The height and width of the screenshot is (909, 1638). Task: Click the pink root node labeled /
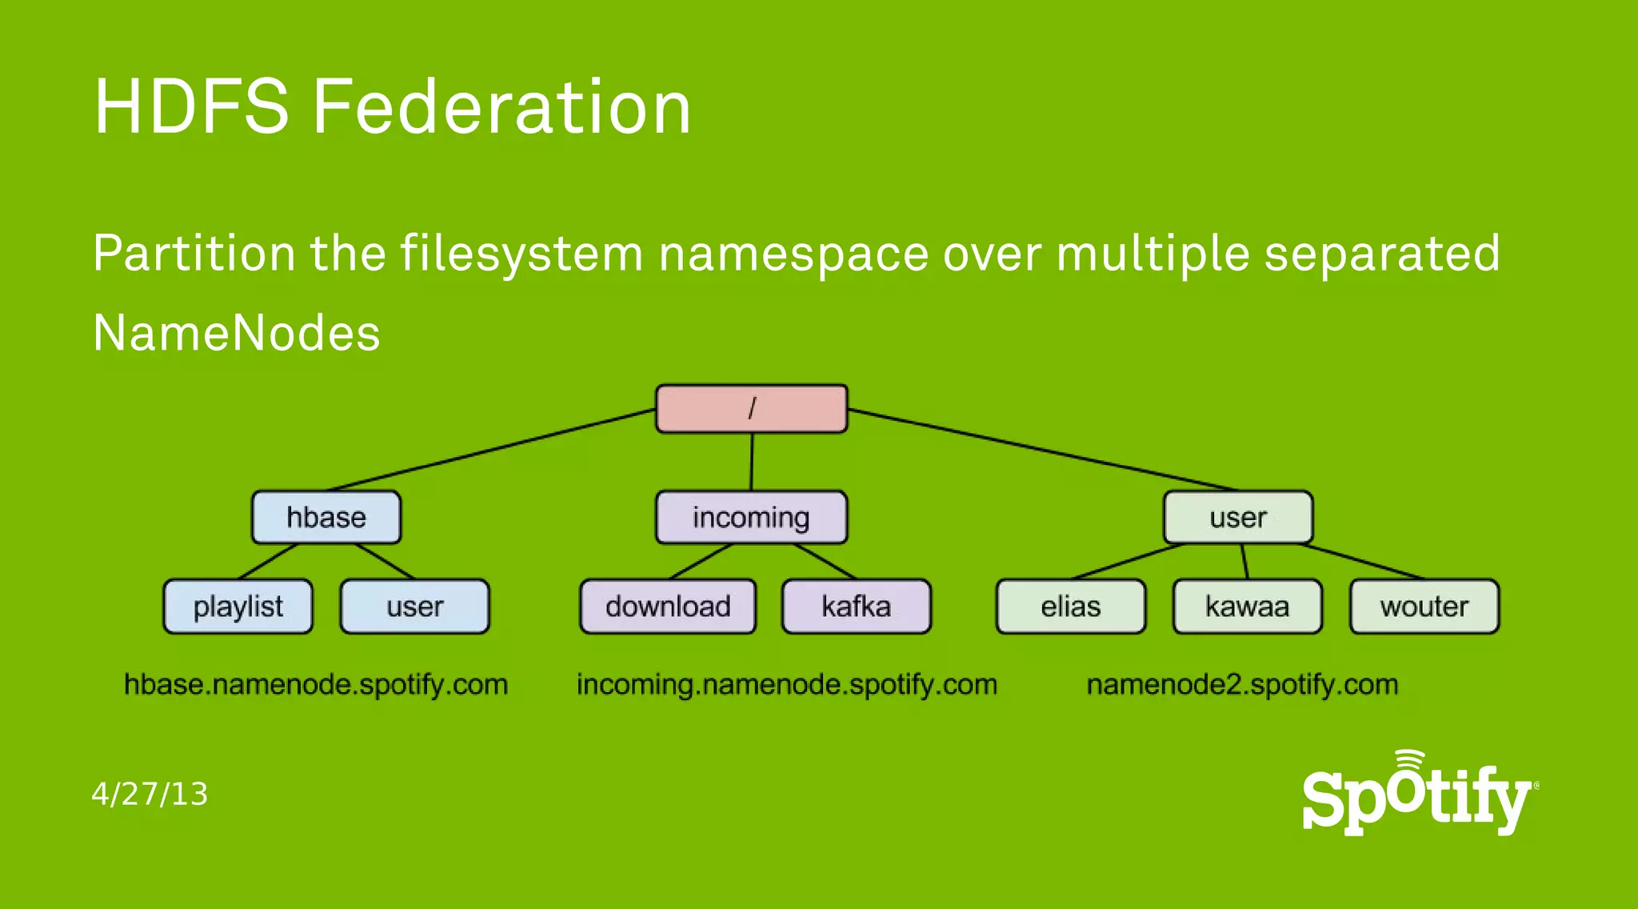point(751,409)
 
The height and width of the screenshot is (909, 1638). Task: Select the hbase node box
point(326,518)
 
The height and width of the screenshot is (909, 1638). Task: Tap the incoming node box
point(751,518)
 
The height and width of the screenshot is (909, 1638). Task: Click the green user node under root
point(1237,518)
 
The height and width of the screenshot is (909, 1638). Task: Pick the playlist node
point(238,607)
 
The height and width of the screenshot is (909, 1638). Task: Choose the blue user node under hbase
point(414,607)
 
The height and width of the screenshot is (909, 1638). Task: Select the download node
point(668,607)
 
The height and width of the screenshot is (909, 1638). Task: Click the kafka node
point(856,607)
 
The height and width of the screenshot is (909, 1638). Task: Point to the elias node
point(1070,607)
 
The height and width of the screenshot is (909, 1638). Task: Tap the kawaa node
point(1247,607)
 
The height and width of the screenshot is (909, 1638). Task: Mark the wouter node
point(1424,607)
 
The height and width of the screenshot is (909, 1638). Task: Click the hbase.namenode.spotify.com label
point(316,685)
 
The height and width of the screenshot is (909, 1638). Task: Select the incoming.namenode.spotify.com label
point(786,685)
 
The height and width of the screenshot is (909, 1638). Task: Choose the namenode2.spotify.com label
point(1242,685)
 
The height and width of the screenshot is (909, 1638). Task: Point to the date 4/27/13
point(150,794)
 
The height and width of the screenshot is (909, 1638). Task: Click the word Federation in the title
point(501,107)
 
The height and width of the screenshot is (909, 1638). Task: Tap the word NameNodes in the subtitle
point(237,333)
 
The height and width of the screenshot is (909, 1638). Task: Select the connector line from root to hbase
point(492,450)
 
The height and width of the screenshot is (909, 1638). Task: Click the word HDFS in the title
point(191,107)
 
